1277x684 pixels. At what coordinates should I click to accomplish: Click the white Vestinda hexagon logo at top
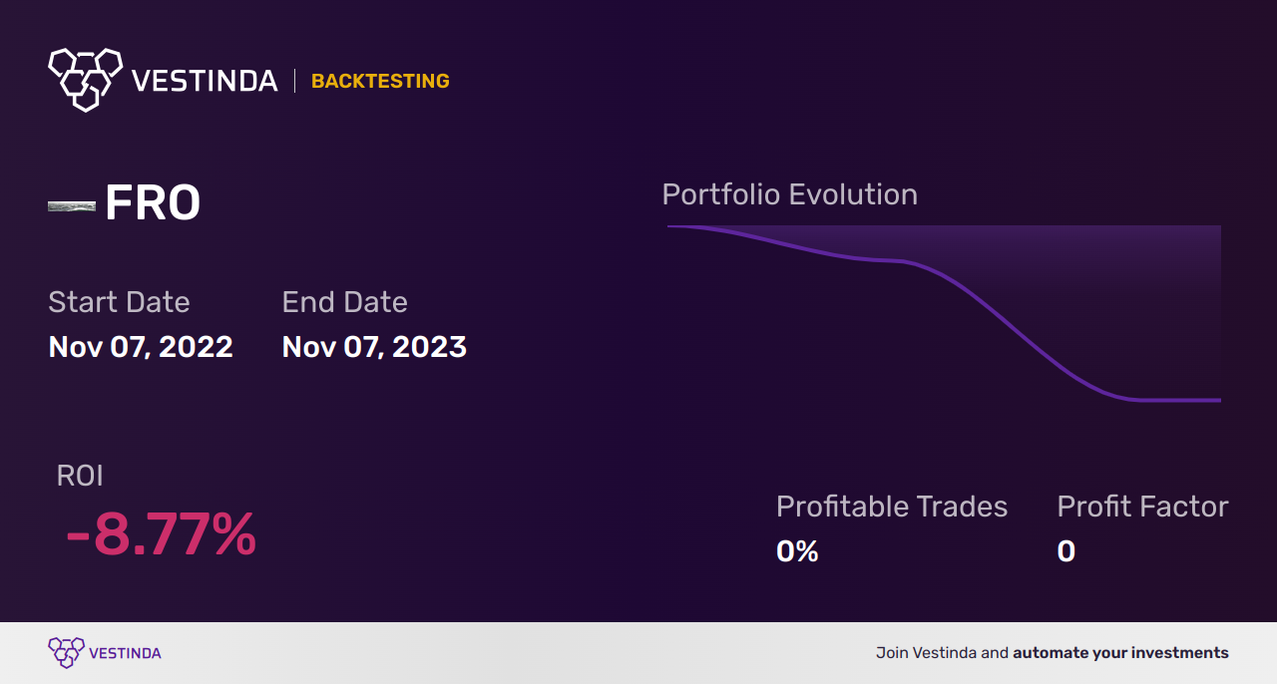(85, 78)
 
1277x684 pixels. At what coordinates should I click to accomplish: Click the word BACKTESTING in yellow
(380, 81)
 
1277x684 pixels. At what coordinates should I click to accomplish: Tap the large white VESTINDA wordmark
(205, 81)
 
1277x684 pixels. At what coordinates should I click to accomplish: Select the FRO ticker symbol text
(153, 203)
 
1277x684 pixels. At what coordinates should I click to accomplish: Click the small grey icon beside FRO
(72, 206)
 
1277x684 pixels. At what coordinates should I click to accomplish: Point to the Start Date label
(119, 302)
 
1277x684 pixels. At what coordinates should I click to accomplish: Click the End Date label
(344, 302)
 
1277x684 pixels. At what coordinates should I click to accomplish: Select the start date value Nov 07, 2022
(141, 347)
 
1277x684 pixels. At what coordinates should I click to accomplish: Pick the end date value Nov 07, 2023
(374, 347)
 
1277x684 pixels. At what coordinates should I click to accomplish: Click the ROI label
(80, 476)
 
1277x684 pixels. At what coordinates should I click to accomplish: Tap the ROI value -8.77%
(161, 535)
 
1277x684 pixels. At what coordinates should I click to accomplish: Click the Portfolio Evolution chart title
(789, 194)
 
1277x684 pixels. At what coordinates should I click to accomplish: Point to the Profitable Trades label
(892, 507)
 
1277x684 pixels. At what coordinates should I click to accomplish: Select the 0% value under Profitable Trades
(797, 551)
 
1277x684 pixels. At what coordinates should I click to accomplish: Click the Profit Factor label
(1142, 507)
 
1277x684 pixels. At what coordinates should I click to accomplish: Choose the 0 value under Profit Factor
(1066, 551)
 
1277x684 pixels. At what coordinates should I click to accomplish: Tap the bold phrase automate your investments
(1120, 653)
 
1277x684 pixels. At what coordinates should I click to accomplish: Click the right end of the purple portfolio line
(1218, 401)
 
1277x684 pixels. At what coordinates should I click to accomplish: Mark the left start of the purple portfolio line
(669, 226)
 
